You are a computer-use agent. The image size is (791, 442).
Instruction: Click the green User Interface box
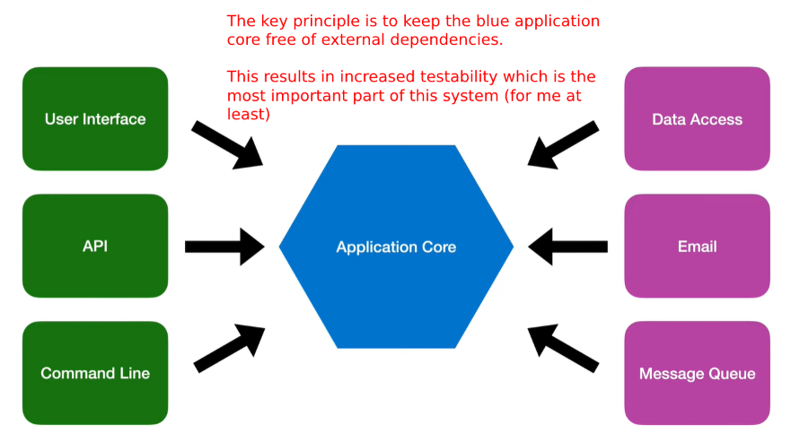point(95,119)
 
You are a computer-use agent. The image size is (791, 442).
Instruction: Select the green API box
point(95,246)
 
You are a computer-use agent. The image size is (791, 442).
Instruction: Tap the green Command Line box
point(95,373)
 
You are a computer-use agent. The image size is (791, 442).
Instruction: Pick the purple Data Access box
point(697,119)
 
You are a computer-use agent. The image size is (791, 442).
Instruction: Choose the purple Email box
point(697,246)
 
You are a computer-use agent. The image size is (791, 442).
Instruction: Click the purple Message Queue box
point(697,373)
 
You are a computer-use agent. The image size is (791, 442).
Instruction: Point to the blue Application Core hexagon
point(396,247)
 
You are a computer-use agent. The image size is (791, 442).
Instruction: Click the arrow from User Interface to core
point(227,144)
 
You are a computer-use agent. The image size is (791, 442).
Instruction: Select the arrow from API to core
point(225,247)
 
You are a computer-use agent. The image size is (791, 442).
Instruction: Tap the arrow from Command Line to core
point(230,349)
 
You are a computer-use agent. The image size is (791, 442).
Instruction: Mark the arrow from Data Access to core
point(563,144)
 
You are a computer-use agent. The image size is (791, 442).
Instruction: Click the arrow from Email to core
point(567,247)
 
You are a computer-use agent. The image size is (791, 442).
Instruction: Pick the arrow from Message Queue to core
point(563,349)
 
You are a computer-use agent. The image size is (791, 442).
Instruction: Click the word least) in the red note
point(248,114)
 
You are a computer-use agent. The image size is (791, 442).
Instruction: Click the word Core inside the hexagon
point(439,247)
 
